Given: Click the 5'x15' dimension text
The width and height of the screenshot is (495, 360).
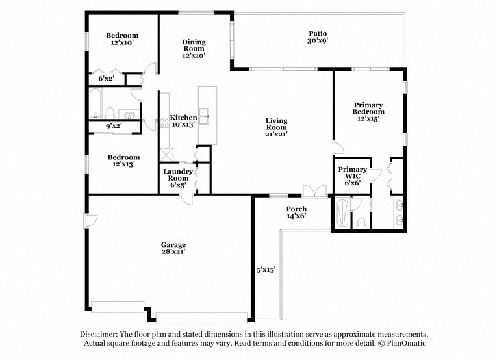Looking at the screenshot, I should coord(266,269).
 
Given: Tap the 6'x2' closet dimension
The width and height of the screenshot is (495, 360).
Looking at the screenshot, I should coord(106,79).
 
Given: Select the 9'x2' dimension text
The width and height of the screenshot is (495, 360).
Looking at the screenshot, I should coord(114,125).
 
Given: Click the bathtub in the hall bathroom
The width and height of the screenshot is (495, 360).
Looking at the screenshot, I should coord(95,105).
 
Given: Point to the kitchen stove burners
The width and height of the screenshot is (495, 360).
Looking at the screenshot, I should coord(164,122).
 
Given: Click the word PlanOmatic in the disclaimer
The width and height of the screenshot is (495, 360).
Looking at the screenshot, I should coord(403,342).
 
